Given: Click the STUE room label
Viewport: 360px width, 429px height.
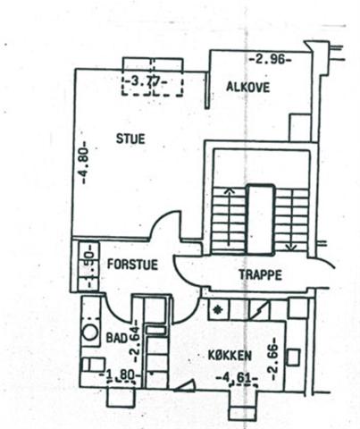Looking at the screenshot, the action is (130, 139).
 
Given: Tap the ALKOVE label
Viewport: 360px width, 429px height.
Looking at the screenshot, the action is (247, 87).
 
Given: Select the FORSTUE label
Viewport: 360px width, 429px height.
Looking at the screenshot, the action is (132, 265).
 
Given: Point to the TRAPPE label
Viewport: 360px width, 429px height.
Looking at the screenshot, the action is (260, 274).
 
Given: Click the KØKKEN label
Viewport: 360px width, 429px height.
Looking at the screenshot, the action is (230, 356).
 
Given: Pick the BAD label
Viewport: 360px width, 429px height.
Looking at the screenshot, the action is (117, 338).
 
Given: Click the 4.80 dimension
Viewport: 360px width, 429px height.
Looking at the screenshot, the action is (84, 163).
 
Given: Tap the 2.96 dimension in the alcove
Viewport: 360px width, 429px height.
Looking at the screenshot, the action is (270, 60).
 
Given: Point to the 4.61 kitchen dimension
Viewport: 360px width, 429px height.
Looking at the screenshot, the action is (237, 378).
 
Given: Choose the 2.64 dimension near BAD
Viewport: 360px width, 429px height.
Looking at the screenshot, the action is (134, 341).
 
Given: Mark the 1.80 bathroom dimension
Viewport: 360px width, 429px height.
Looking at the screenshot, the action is (119, 374).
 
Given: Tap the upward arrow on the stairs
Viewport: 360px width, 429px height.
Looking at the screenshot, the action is (229, 217).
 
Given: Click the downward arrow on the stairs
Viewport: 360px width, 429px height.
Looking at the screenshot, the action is (291, 221).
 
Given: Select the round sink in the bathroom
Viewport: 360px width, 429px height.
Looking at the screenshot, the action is (89, 332).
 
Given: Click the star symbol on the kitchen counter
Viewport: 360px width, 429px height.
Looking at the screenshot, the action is (219, 310).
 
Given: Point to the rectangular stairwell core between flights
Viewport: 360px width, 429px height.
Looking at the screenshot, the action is (261, 220).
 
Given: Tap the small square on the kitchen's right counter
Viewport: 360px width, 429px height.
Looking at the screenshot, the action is (294, 357).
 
